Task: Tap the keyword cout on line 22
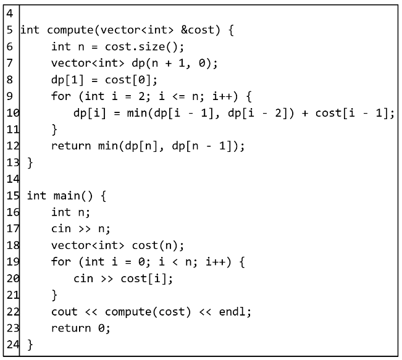(64, 312)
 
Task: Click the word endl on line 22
(235, 312)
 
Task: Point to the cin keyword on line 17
(61, 229)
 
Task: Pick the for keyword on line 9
(61, 96)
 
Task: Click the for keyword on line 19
(61, 262)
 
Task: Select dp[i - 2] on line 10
(256, 113)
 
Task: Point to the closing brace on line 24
(30, 345)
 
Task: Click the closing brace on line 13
(30, 163)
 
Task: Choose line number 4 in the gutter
(10, 13)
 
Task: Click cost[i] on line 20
(146, 278)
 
